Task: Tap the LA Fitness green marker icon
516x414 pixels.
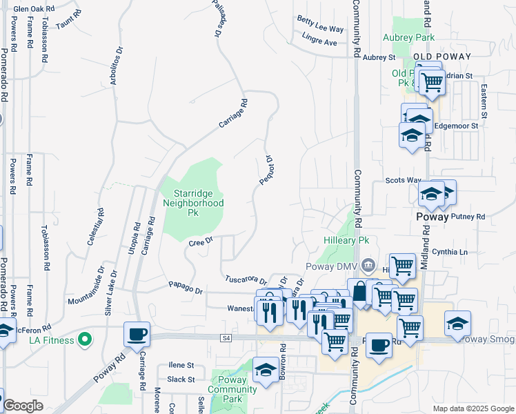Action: (85, 339)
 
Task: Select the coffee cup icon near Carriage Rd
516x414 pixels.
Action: (136, 334)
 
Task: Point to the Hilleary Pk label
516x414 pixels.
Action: (347, 240)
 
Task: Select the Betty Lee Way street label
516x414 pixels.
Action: (320, 29)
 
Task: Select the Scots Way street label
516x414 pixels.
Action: (403, 181)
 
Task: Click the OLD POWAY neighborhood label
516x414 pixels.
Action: (441, 57)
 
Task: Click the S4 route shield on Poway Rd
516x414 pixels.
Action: (226, 338)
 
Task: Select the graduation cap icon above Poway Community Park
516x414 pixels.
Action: (266, 370)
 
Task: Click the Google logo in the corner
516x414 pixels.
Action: (23, 406)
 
